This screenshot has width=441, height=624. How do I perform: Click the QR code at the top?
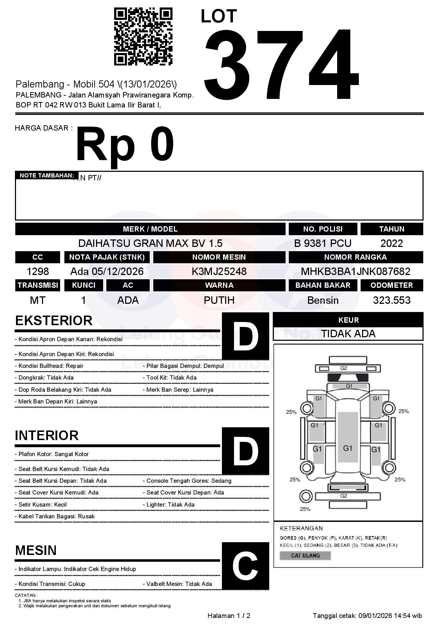[x=143, y=37]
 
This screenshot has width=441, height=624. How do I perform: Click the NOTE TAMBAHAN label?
[x=47, y=175]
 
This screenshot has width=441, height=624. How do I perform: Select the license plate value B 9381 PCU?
[x=323, y=243]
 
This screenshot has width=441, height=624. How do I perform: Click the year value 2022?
[x=392, y=243]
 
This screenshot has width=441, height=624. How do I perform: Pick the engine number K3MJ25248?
[x=219, y=271]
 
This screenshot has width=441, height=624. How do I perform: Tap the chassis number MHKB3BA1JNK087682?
[x=356, y=271]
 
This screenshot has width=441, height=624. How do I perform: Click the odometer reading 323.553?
[x=392, y=300]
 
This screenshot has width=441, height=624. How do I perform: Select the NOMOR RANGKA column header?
[x=356, y=257]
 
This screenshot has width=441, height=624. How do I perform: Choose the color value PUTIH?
[x=219, y=300]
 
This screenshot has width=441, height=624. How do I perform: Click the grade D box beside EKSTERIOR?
[x=245, y=336]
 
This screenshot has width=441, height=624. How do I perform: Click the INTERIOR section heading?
[x=47, y=435]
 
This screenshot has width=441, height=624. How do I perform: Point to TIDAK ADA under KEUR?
[x=348, y=334]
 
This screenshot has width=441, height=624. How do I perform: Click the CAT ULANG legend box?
[x=305, y=555]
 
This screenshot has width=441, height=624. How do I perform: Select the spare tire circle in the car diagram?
[x=305, y=496]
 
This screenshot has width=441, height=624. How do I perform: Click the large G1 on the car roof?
[x=347, y=448]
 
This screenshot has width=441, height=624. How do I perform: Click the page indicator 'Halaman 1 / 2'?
[x=229, y=615]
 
